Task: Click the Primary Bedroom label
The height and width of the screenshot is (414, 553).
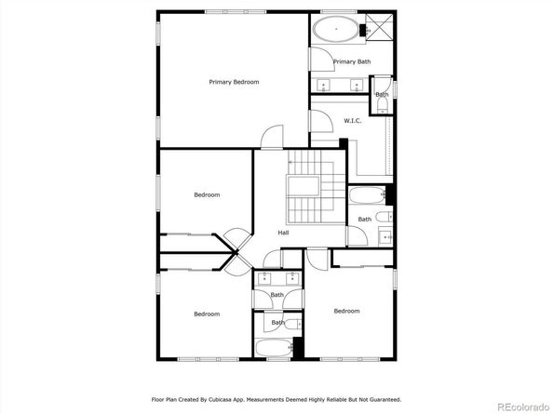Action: pyautogui.click(x=234, y=82)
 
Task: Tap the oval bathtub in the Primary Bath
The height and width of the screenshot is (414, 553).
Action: pyautogui.click(x=336, y=29)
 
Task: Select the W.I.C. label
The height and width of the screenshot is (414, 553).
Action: pyautogui.click(x=352, y=121)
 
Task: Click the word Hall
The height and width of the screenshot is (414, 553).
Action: pyautogui.click(x=283, y=233)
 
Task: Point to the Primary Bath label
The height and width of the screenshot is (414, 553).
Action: pyautogui.click(x=352, y=61)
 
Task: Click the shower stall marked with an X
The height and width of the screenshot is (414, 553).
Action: pyautogui.click(x=379, y=28)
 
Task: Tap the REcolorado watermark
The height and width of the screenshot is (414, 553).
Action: pyautogui.click(x=523, y=407)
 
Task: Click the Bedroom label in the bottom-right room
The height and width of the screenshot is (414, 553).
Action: pyautogui.click(x=346, y=311)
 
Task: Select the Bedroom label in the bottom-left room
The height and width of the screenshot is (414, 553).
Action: pyautogui.click(x=207, y=314)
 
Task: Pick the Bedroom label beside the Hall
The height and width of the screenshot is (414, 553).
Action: pyautogui.click(x=207, y=194)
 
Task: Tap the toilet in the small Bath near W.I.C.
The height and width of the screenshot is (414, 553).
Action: pyautogui.click(x=383, y=105)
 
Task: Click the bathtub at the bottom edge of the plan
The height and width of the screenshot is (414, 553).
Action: pyautogui.click(x=274, y=347)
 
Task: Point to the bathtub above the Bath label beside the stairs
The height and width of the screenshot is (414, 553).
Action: pyautogui.click(x=367, y=194)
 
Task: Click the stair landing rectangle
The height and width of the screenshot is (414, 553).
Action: pyautogui.click(x=303, y=186)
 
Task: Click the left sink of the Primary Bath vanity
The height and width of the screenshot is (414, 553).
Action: pyautogui.click(x=323, y=85)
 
